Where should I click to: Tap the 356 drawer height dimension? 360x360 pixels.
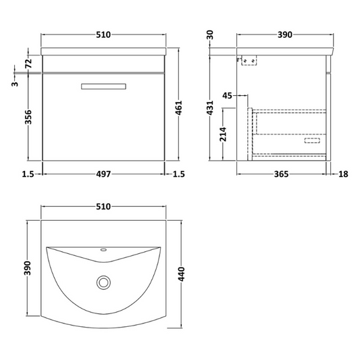pos(28,118)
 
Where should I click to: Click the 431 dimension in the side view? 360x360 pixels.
pos(211,107)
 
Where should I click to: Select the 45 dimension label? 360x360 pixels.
pos(228,96)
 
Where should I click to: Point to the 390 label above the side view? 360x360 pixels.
pos(282,34)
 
